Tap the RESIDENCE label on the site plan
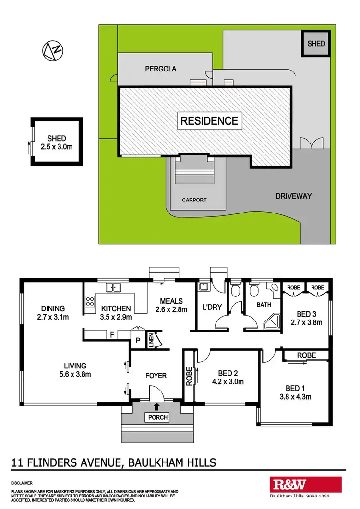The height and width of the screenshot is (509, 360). (x=209, y=120)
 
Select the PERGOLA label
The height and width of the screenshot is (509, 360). (x=161, y=69)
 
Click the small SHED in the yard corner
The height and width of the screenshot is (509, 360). (x=316, y=44)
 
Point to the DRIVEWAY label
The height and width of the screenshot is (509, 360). (x=294, y=196)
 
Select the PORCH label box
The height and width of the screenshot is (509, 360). (x=157, y=417)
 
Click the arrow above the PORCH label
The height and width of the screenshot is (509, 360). (x=157, y=407)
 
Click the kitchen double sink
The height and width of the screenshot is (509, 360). (x=113, y=288)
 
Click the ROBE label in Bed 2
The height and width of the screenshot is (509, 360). (x=189, y=376)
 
